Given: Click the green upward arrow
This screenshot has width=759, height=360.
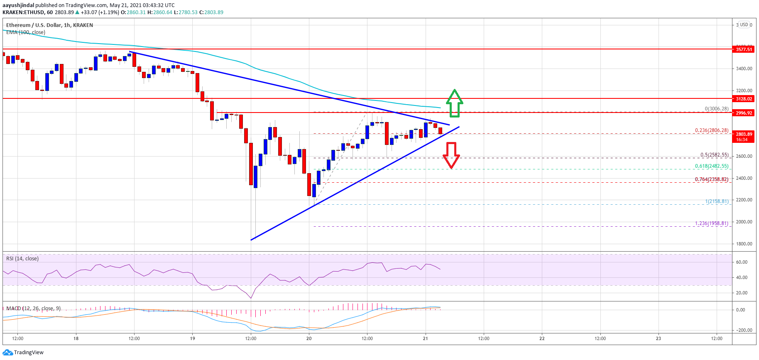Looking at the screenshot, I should [455, 103].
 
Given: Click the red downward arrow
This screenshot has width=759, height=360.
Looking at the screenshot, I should [451, 155].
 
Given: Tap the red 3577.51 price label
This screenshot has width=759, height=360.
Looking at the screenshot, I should [744, 49].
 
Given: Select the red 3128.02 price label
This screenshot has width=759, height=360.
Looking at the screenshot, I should [744, 99].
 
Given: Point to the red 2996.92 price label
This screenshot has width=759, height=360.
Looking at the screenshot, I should [744, 113].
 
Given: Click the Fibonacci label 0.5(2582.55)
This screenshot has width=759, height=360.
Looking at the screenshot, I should [714, 155].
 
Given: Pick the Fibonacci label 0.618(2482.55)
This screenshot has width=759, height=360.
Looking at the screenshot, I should [711, 166].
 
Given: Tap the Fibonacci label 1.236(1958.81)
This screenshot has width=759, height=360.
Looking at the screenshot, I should [711, 223].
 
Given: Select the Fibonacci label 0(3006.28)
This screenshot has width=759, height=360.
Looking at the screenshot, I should [716, 109].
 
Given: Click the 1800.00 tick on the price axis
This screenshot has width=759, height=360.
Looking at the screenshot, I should [744, 244].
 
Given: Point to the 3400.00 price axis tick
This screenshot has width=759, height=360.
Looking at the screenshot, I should [744, 69].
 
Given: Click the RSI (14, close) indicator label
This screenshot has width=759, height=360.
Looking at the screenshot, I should [22, 259].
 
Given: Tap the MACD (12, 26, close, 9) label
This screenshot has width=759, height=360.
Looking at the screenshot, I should [33, 309].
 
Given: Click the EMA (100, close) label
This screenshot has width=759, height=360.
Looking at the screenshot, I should [26, 32].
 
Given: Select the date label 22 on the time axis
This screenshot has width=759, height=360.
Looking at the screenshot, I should [542, 338].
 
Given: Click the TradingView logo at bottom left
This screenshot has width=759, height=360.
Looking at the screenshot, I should [23, 353].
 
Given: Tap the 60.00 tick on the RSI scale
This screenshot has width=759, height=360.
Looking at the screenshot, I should [742, 262].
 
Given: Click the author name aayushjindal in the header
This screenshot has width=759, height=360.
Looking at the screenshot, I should [18, 5].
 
